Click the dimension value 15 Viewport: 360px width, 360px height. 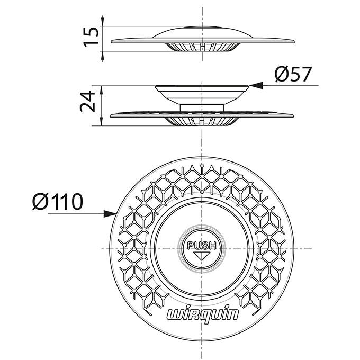tap(91, 37)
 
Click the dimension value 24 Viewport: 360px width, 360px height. tap(87, 101)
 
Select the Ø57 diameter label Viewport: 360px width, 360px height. tap(293, 74)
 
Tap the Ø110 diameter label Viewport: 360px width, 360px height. tap(57, 202)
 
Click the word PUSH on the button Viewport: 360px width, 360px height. tap(202, 246)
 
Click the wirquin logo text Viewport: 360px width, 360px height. tap(202, 315)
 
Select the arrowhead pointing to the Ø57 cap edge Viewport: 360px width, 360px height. tap(256, 85)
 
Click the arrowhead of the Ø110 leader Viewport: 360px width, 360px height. tap(110, 214)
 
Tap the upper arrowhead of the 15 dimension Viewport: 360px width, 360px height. tap(102, 21)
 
